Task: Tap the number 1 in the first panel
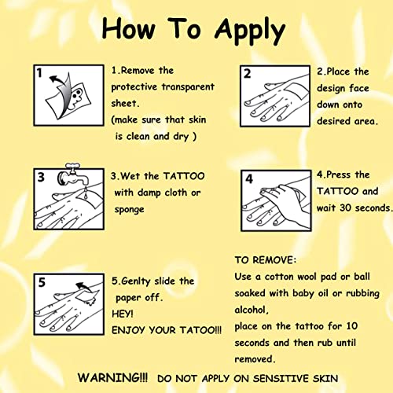pos(39,73)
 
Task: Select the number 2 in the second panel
pos(247,74)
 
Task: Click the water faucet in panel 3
pos(73,175)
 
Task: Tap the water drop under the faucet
pos(86,194)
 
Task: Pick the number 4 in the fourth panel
pos(249,179)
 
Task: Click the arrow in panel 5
pos(84,288)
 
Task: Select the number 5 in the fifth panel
pos(42,282)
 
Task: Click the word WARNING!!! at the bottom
pos(112,377)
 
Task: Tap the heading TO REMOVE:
pos(266,260)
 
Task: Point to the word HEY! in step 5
pos(123,314)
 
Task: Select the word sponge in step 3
pos(129,210)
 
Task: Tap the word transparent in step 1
pos(188,86)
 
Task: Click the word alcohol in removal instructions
pos(251,310)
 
